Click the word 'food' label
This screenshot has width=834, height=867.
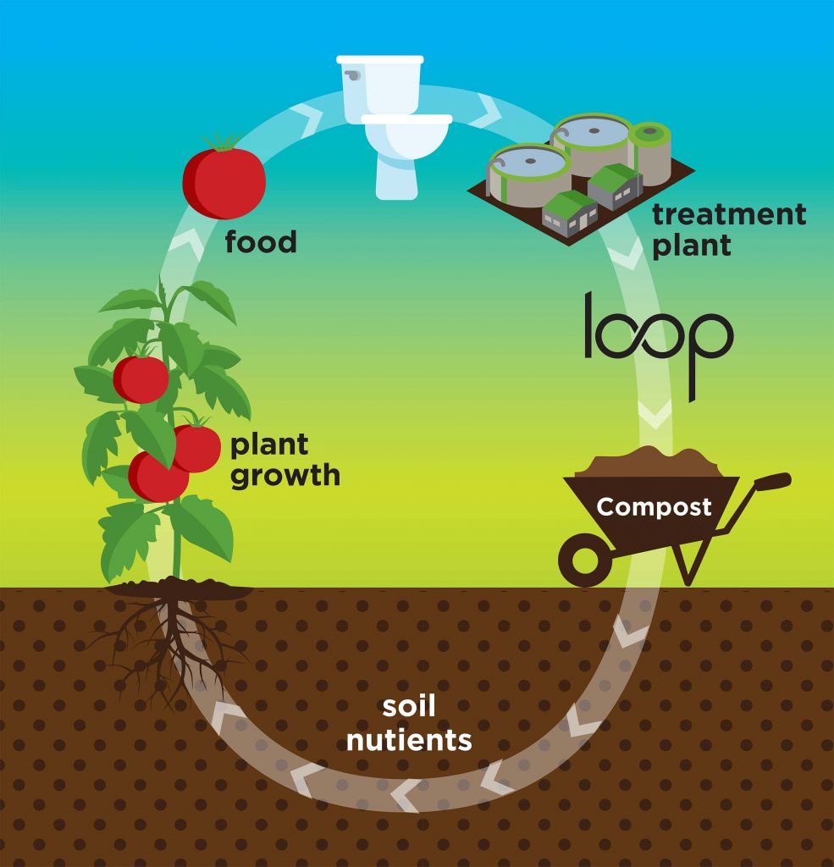(261, 243)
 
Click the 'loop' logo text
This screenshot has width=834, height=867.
(658, 338)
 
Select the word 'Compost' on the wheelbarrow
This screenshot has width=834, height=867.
(654, 507)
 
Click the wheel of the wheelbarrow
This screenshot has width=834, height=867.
(585, 561)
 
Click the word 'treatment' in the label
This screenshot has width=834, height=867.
(728, 214)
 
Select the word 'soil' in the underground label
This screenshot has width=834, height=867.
(410, 708)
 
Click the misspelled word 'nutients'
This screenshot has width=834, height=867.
(409, 740)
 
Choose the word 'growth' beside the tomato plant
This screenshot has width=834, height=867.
(284, 475)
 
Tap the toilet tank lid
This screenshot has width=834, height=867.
(380, 59)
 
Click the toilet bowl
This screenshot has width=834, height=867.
(405, 139)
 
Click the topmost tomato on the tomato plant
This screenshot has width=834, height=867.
(141, 378)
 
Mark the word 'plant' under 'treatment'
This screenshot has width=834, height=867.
(691, 246)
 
